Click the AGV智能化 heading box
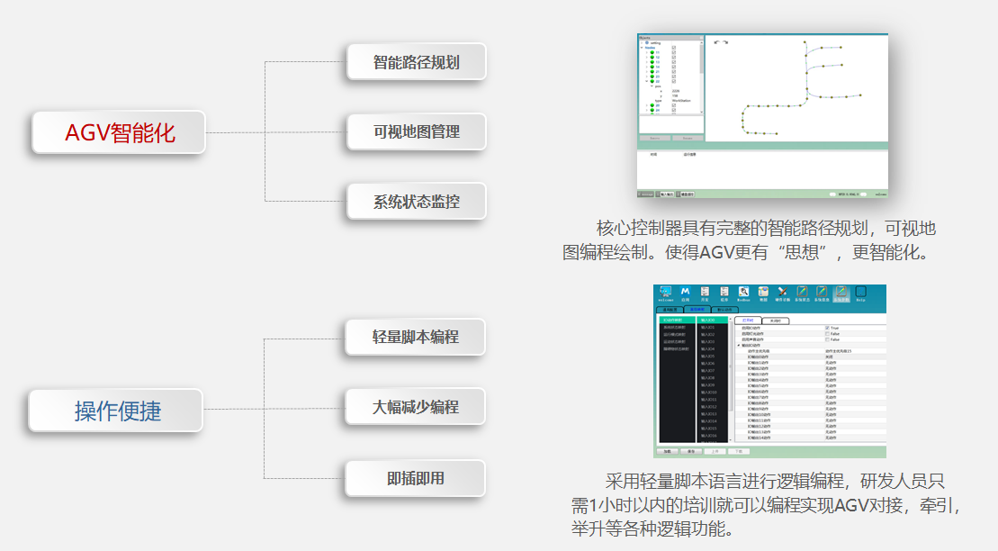[x=119, y=132]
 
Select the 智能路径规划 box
[x=416, y=62]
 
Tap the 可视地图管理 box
[x=416, y=131]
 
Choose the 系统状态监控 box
[x=416, y=201]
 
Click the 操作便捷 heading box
[x=117, y=411]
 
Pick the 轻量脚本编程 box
[x=415, y=337]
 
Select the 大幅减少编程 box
[x=415, y=406]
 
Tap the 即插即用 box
[x=415, y=478]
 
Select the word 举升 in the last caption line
[x=589, y=528]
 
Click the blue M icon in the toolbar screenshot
[x=686, y=293]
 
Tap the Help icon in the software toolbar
[x=861, y=294]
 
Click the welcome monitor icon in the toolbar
[x=666, y=293]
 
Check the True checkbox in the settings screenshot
[x=828, y=327]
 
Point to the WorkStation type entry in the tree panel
[x=680, y=101]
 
